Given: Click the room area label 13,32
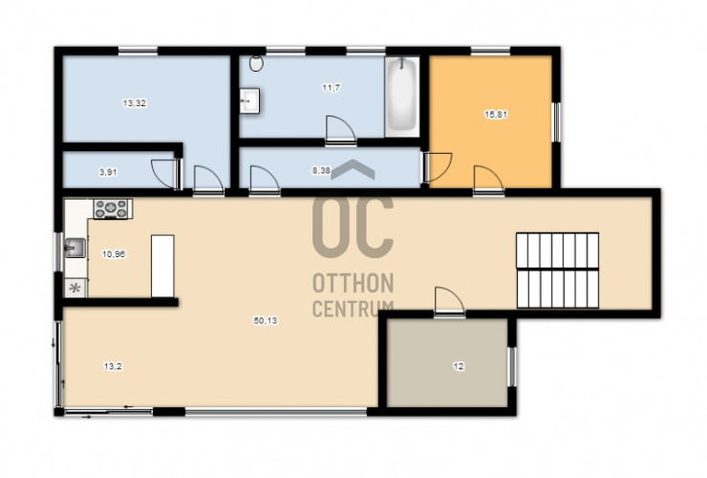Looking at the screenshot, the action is (x=135, y=103).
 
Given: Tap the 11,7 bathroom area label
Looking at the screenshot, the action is (x=331, y=88).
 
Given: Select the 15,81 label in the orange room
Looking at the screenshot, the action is (x=496, y=115).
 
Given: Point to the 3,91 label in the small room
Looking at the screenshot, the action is (x=108, y=172).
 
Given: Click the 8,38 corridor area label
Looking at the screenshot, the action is (x=321, y=170).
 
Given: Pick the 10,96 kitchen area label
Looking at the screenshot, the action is (x=114, y=254).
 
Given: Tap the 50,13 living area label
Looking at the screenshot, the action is (x=266, y=320).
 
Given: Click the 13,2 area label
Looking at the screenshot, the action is (x=113, y=366).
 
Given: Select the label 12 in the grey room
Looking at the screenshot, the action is (x=458, y=366).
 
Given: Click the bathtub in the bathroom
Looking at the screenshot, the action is (x=402, y=96).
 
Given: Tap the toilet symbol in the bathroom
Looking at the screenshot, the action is (x=257, y=63).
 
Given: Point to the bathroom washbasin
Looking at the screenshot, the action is (x=249, y=101).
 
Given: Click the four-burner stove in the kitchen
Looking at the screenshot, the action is (x=111, y=209).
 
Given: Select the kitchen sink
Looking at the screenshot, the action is (x=75, y=248).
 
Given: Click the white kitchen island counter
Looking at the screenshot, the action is (x=162, y=266).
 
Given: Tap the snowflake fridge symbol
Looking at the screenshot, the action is (x=75, y=288).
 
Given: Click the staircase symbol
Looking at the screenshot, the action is (x=558, y=271).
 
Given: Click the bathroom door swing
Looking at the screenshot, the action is (x=341, y=130).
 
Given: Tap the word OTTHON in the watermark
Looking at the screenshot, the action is (x=353, y=283).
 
